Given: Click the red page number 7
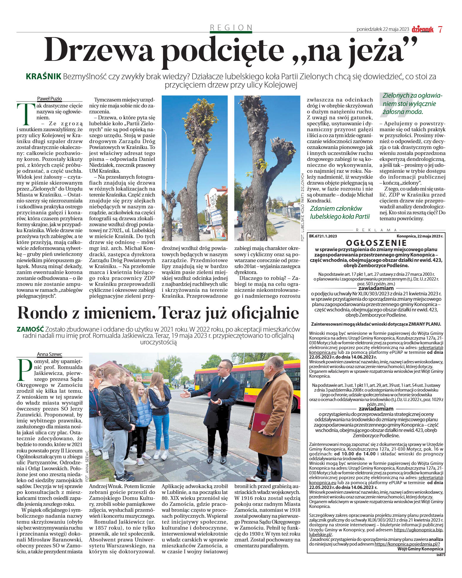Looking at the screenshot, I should [x=440, y=30].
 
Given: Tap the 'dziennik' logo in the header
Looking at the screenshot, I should [x=423, y=29].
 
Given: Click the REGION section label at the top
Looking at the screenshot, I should [x=231, y=28].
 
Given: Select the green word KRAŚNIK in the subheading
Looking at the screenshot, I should [x=43, y=77].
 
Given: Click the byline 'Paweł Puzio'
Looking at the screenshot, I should [x=49, y=99].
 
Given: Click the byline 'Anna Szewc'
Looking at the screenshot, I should [x=49, y=354].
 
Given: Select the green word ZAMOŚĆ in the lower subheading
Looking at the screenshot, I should [x=30, y=329].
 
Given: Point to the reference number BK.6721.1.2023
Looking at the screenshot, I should [x=323, y=236].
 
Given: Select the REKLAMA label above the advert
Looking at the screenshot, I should [x=376, y=230].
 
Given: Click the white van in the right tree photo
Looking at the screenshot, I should [x=238, y=218].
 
